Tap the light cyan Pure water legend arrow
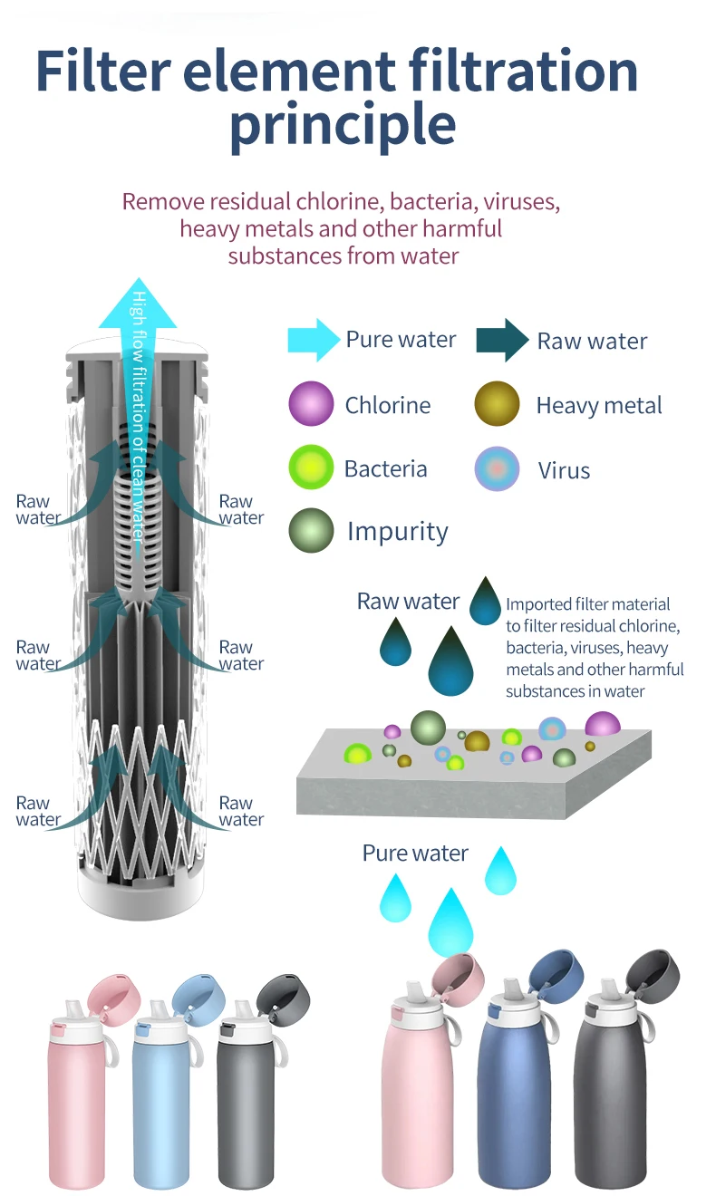(x=313, y=340)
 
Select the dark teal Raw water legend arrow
(x=501, y=341)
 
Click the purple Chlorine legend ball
(x=311, y=404)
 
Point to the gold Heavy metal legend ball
(x=497, y=404)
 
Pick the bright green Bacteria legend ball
(x=311, y=468)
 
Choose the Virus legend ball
(x=497, y=469)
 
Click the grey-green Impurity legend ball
(x=311, y=531)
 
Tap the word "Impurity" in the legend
(x=397, y=532)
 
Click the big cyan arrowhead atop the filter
(x=137, y=309)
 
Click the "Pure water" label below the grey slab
(x=415, y=854)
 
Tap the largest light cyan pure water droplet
(x=450, y=922)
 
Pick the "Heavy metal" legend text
(x=599, y=405)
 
